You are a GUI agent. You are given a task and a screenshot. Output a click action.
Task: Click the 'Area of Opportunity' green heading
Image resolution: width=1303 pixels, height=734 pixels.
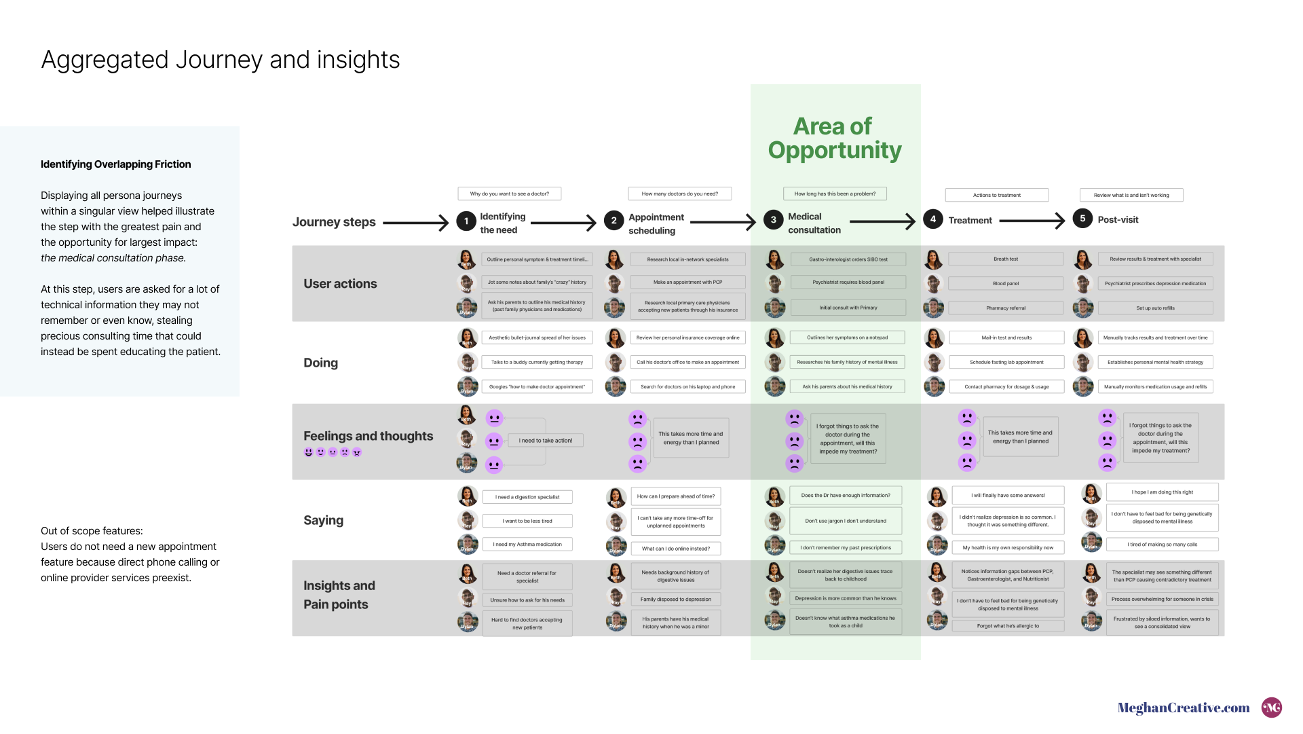coord(835,138)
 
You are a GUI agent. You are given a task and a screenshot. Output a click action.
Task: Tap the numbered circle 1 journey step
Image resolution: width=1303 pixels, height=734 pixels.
coord(466,221)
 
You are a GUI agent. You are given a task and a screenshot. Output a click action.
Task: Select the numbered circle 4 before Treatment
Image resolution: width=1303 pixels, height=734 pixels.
coord(933,219)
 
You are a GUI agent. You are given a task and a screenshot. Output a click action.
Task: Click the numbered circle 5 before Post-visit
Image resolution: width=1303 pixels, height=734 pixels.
coord(1082,219)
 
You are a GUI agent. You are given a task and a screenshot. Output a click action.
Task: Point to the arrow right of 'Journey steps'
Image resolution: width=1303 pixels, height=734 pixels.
coord(415,223)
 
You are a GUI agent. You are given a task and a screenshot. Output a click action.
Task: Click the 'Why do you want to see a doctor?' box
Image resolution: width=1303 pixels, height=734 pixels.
coord(510,194)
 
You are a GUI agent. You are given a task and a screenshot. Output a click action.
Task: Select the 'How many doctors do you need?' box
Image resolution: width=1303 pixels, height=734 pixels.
coord(679,194)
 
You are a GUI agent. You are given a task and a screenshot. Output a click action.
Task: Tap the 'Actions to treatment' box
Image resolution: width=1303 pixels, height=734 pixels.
coord(996,196)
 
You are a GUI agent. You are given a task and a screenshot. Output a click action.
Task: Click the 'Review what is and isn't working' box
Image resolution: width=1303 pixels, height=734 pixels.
coord(1131,196)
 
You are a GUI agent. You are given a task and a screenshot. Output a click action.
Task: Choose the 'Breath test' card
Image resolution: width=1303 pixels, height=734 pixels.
coord(1005,259)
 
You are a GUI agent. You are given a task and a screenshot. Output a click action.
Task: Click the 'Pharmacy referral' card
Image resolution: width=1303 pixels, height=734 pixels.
coord(1005,308)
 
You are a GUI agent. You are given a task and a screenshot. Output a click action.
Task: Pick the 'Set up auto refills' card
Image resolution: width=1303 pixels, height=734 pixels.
coord(1155,308)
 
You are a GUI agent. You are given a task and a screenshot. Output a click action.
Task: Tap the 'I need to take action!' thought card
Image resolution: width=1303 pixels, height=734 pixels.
coord(546,441)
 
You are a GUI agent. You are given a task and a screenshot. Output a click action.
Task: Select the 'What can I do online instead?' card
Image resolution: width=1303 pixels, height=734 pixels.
coord(676,549)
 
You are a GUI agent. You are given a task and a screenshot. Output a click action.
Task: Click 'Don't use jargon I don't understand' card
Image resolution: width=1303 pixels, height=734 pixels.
coord(846,521)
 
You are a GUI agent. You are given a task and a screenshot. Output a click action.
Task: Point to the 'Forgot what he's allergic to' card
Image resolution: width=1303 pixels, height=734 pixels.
coord(1008,626)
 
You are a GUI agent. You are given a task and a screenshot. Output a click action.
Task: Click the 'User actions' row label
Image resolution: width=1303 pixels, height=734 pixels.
coord(340,284)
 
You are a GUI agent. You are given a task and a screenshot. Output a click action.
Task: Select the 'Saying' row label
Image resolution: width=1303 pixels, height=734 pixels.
coord(323,521)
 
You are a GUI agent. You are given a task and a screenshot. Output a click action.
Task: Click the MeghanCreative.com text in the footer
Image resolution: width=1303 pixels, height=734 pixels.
coord(1184,708)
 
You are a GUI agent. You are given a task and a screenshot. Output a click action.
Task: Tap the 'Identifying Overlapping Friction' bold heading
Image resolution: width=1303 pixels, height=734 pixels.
coord(116,164)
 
